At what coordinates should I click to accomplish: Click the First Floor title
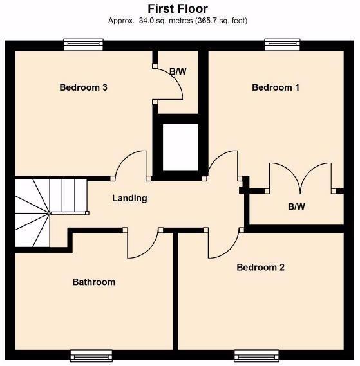tap(178, 8)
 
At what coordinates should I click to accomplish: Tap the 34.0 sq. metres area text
tap(178, 21)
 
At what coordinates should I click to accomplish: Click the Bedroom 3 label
tap(83, 87)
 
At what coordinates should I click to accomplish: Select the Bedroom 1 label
tap(275, 87)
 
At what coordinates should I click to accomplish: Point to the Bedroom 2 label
tap(260, 268)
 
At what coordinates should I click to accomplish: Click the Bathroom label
tap(93, 282)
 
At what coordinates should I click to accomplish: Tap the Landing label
tap(129, 198)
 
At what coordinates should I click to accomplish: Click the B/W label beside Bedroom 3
tap(178, 71)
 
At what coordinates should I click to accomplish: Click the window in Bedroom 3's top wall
tap(84, 44)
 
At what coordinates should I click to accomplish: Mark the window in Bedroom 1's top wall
tap(283, 44)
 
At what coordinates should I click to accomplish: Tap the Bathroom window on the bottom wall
tap(91, 355)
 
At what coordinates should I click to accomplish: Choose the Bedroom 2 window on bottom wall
tap(256, 355)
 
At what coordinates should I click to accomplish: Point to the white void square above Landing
tap(180, 147)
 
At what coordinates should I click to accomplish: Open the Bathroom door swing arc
tap(142, 244)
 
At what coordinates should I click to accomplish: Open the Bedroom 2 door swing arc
tap(223, 244)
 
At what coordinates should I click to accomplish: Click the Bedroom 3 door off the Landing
tap(132, 164)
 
